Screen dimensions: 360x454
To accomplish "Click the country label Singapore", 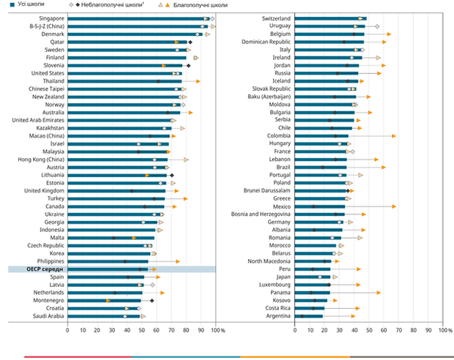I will (52, 18).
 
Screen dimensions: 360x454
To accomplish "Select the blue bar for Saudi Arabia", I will (103, 316).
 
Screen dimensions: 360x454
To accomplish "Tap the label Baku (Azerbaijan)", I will (269, 97).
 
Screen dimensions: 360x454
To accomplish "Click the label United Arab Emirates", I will (38, 120).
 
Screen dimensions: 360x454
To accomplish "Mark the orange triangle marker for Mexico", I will (394, 206).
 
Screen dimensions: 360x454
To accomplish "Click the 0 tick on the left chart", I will (68, 330).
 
